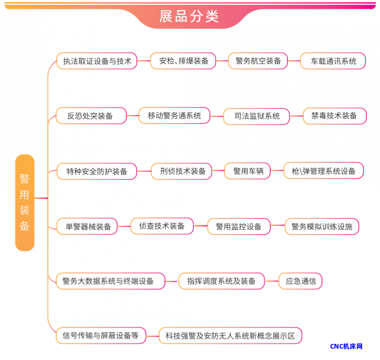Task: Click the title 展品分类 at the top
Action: (x=189, y=16)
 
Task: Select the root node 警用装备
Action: (x=25, y=202)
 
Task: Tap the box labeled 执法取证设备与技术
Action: (x=97, y=61)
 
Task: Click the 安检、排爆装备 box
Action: (x=183, y=61)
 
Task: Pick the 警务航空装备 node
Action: (x=258, y=61)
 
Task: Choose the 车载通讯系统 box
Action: (x=333, y=61)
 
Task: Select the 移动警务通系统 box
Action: (x=174, y=116)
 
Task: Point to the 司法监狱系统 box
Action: (x=256, y=116)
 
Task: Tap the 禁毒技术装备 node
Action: (x=334, y=116)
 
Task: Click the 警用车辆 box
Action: (x=247, y=171)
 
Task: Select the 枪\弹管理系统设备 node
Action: (x=323, y=171)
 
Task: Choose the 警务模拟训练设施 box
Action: (x=322, y=226)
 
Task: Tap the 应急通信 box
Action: (x=300, y=281)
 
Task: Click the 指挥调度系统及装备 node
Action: (x=221, y=281)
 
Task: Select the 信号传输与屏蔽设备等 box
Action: (x=101, y=335)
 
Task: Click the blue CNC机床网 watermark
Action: (x=346, y=346)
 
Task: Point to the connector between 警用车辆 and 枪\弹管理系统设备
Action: (x=277, y=171)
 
